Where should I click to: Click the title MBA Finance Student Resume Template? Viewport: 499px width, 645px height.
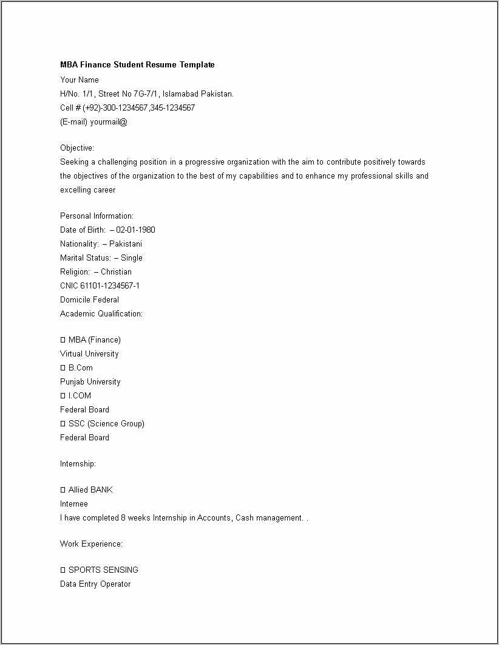point(137,65)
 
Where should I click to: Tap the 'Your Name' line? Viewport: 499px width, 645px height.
point(80,80)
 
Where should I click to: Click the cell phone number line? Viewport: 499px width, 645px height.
point(127,108)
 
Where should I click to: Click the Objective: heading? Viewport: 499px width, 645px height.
point(77,148)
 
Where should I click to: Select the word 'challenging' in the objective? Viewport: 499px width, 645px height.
point(118,162)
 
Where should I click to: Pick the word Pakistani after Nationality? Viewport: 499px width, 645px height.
point(126,244)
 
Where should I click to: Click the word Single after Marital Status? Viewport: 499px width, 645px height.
point(132,258)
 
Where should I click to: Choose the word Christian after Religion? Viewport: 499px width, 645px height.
point(116,272)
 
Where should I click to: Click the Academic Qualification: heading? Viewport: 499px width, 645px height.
point(101,314)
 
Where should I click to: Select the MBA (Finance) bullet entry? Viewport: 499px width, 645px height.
point(94,340)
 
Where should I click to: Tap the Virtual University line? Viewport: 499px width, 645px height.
point(89,354)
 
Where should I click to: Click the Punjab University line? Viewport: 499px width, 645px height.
point(90,382)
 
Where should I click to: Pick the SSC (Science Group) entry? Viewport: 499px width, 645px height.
point(106,424)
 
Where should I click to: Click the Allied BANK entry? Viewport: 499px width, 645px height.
point(90,490)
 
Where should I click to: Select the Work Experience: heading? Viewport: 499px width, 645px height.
point(91,544)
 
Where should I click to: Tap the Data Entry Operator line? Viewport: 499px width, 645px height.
point(95,584)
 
